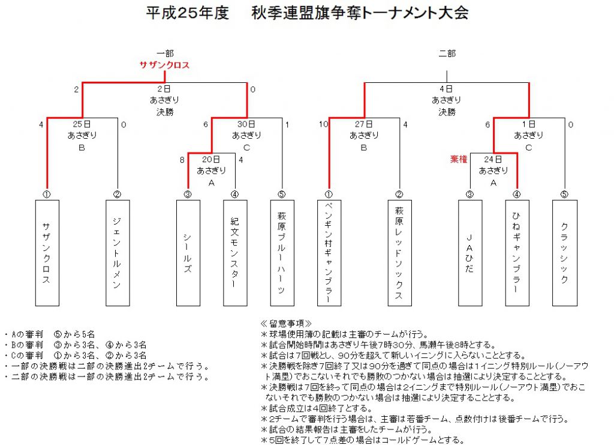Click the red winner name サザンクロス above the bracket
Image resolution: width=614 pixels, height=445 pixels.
pyautogui.click(x=164, y=65)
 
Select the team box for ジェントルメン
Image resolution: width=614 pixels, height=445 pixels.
pyautogui.click(x=118, y=253)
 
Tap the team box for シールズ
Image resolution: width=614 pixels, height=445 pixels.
pyautogui.click(x=188, y=253)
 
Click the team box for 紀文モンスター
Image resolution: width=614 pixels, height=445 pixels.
pyautogui.click(x=235, y=253)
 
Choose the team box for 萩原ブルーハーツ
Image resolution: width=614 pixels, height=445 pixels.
pyautogui.click(x=282, y=253)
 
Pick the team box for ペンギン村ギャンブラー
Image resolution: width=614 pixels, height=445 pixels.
pyautogui.click(x=329, y=253)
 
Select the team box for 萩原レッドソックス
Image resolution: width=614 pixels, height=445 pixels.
pyautogui.click(x=399, y=253)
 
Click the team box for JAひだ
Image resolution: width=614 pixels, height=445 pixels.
pyautogui.click(x=470, y=253)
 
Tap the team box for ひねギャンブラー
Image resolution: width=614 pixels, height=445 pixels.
pyautogui.click(x=517, y=253)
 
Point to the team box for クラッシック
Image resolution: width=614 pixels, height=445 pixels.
pyautogui.click(x=565, y=253)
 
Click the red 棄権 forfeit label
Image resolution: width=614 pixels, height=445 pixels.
pyautogui.click(x=459, y=159)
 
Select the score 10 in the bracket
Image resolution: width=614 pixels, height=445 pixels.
pyautogui.click(x=323, y=124)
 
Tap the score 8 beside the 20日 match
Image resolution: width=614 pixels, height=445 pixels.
pyautogui.click(x=182, y=160)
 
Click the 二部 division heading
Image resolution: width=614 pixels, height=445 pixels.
pyautogui.click(x=447, y=53)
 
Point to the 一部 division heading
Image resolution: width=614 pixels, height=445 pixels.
pyautogui.click(x=165, y=53)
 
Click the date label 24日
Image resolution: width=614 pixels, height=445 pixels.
pyautogui.click(x=493, y=159)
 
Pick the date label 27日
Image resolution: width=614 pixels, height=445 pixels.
pyautogui.click(x=364, y=124)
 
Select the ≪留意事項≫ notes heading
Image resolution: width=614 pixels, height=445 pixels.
pyautogui.click(x=286, y=324)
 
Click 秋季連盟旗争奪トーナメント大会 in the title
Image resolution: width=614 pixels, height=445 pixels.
pyautogui.click(x=360, y=13)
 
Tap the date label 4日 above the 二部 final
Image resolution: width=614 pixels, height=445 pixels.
pyautogui.click(x=446, y=89)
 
